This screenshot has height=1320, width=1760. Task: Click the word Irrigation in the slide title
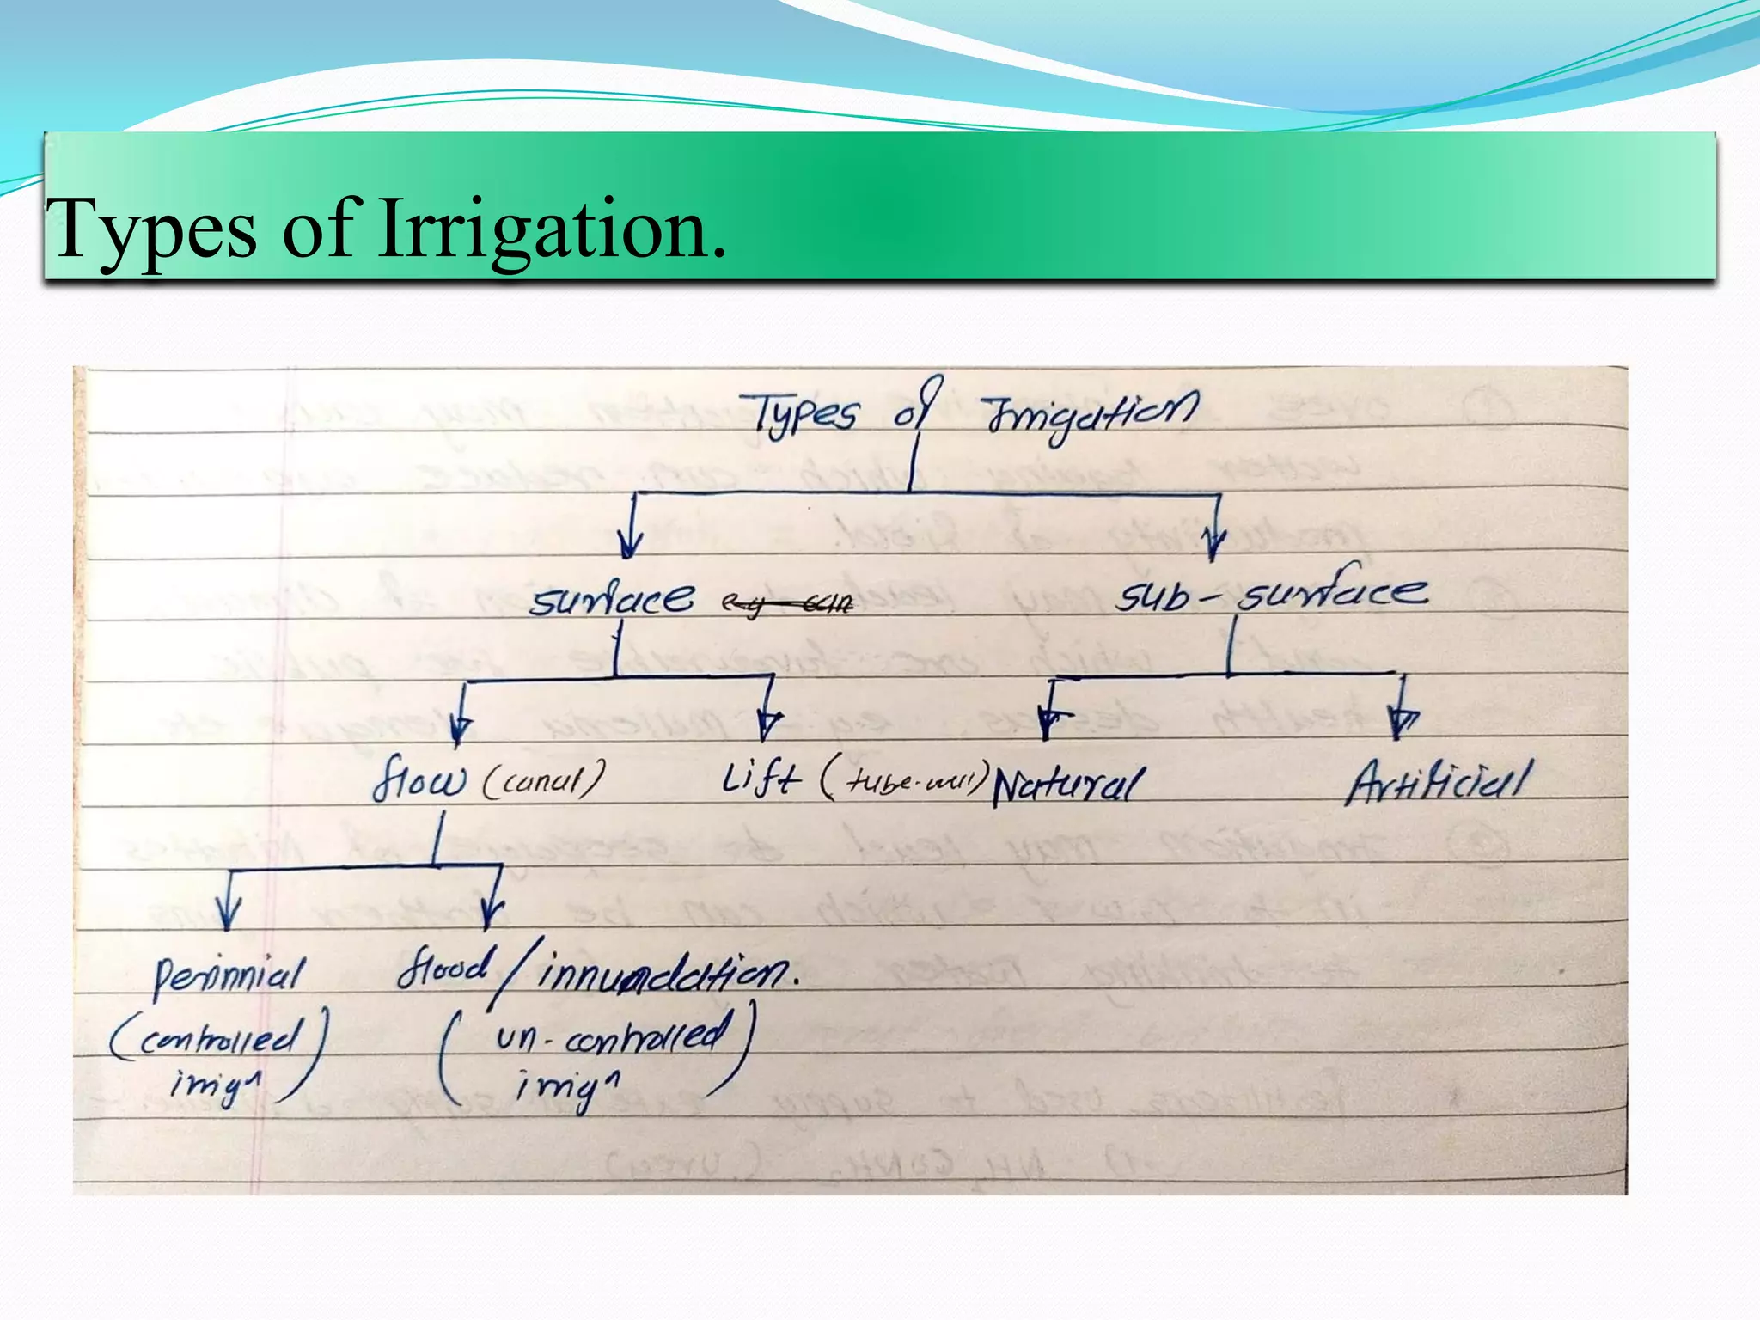552,229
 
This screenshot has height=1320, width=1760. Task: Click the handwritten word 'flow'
419,779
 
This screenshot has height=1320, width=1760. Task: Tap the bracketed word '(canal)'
543,780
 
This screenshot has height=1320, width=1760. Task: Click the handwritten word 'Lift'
761,779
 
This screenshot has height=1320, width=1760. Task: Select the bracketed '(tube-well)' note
902,780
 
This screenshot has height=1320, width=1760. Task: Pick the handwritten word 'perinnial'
229,976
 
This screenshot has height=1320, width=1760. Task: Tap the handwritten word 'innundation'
666,975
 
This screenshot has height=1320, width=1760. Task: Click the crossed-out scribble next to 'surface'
787,605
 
